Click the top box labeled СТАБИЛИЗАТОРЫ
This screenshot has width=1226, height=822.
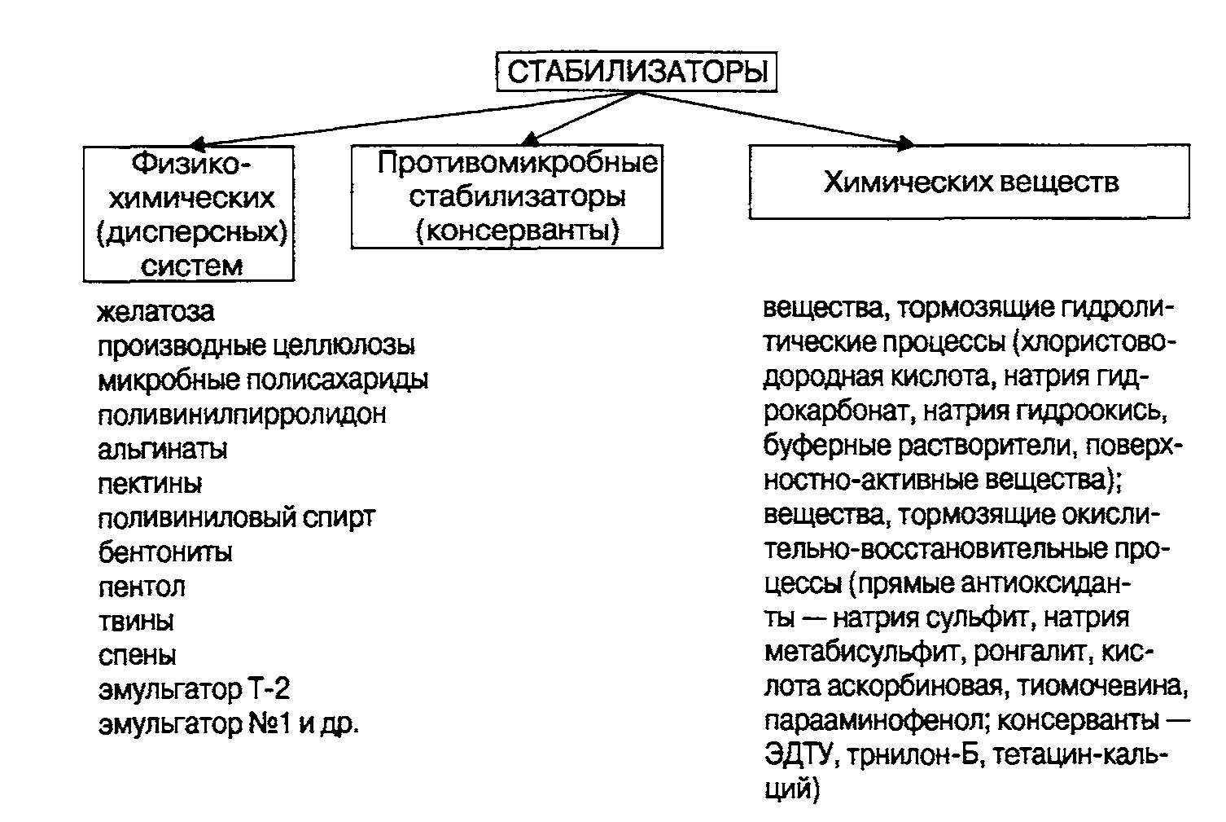(x=637, y=72)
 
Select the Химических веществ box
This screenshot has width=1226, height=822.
(x=970, y=182)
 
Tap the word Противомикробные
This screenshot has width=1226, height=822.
(x=517, y=163)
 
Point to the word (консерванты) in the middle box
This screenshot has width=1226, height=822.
(x=517, y=231)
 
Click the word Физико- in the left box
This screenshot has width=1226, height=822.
(x=190, y=164)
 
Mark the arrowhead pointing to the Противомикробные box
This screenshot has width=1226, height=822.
(x=530, y=139)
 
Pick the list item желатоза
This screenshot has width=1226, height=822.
(x=156, y=311)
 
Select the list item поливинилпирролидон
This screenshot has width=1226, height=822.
(x=242, y=415)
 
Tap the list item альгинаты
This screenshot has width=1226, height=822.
(x=163, y=449)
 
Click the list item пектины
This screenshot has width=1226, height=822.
(x=150, y=484)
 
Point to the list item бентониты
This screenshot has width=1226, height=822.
(x=165, y=552)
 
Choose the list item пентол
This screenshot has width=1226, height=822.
(x=142, y=587)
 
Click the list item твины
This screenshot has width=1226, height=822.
(x=136, y=622)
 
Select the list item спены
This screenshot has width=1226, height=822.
(x=138, y=656)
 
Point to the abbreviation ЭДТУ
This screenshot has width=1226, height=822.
(x=802, y=756)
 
